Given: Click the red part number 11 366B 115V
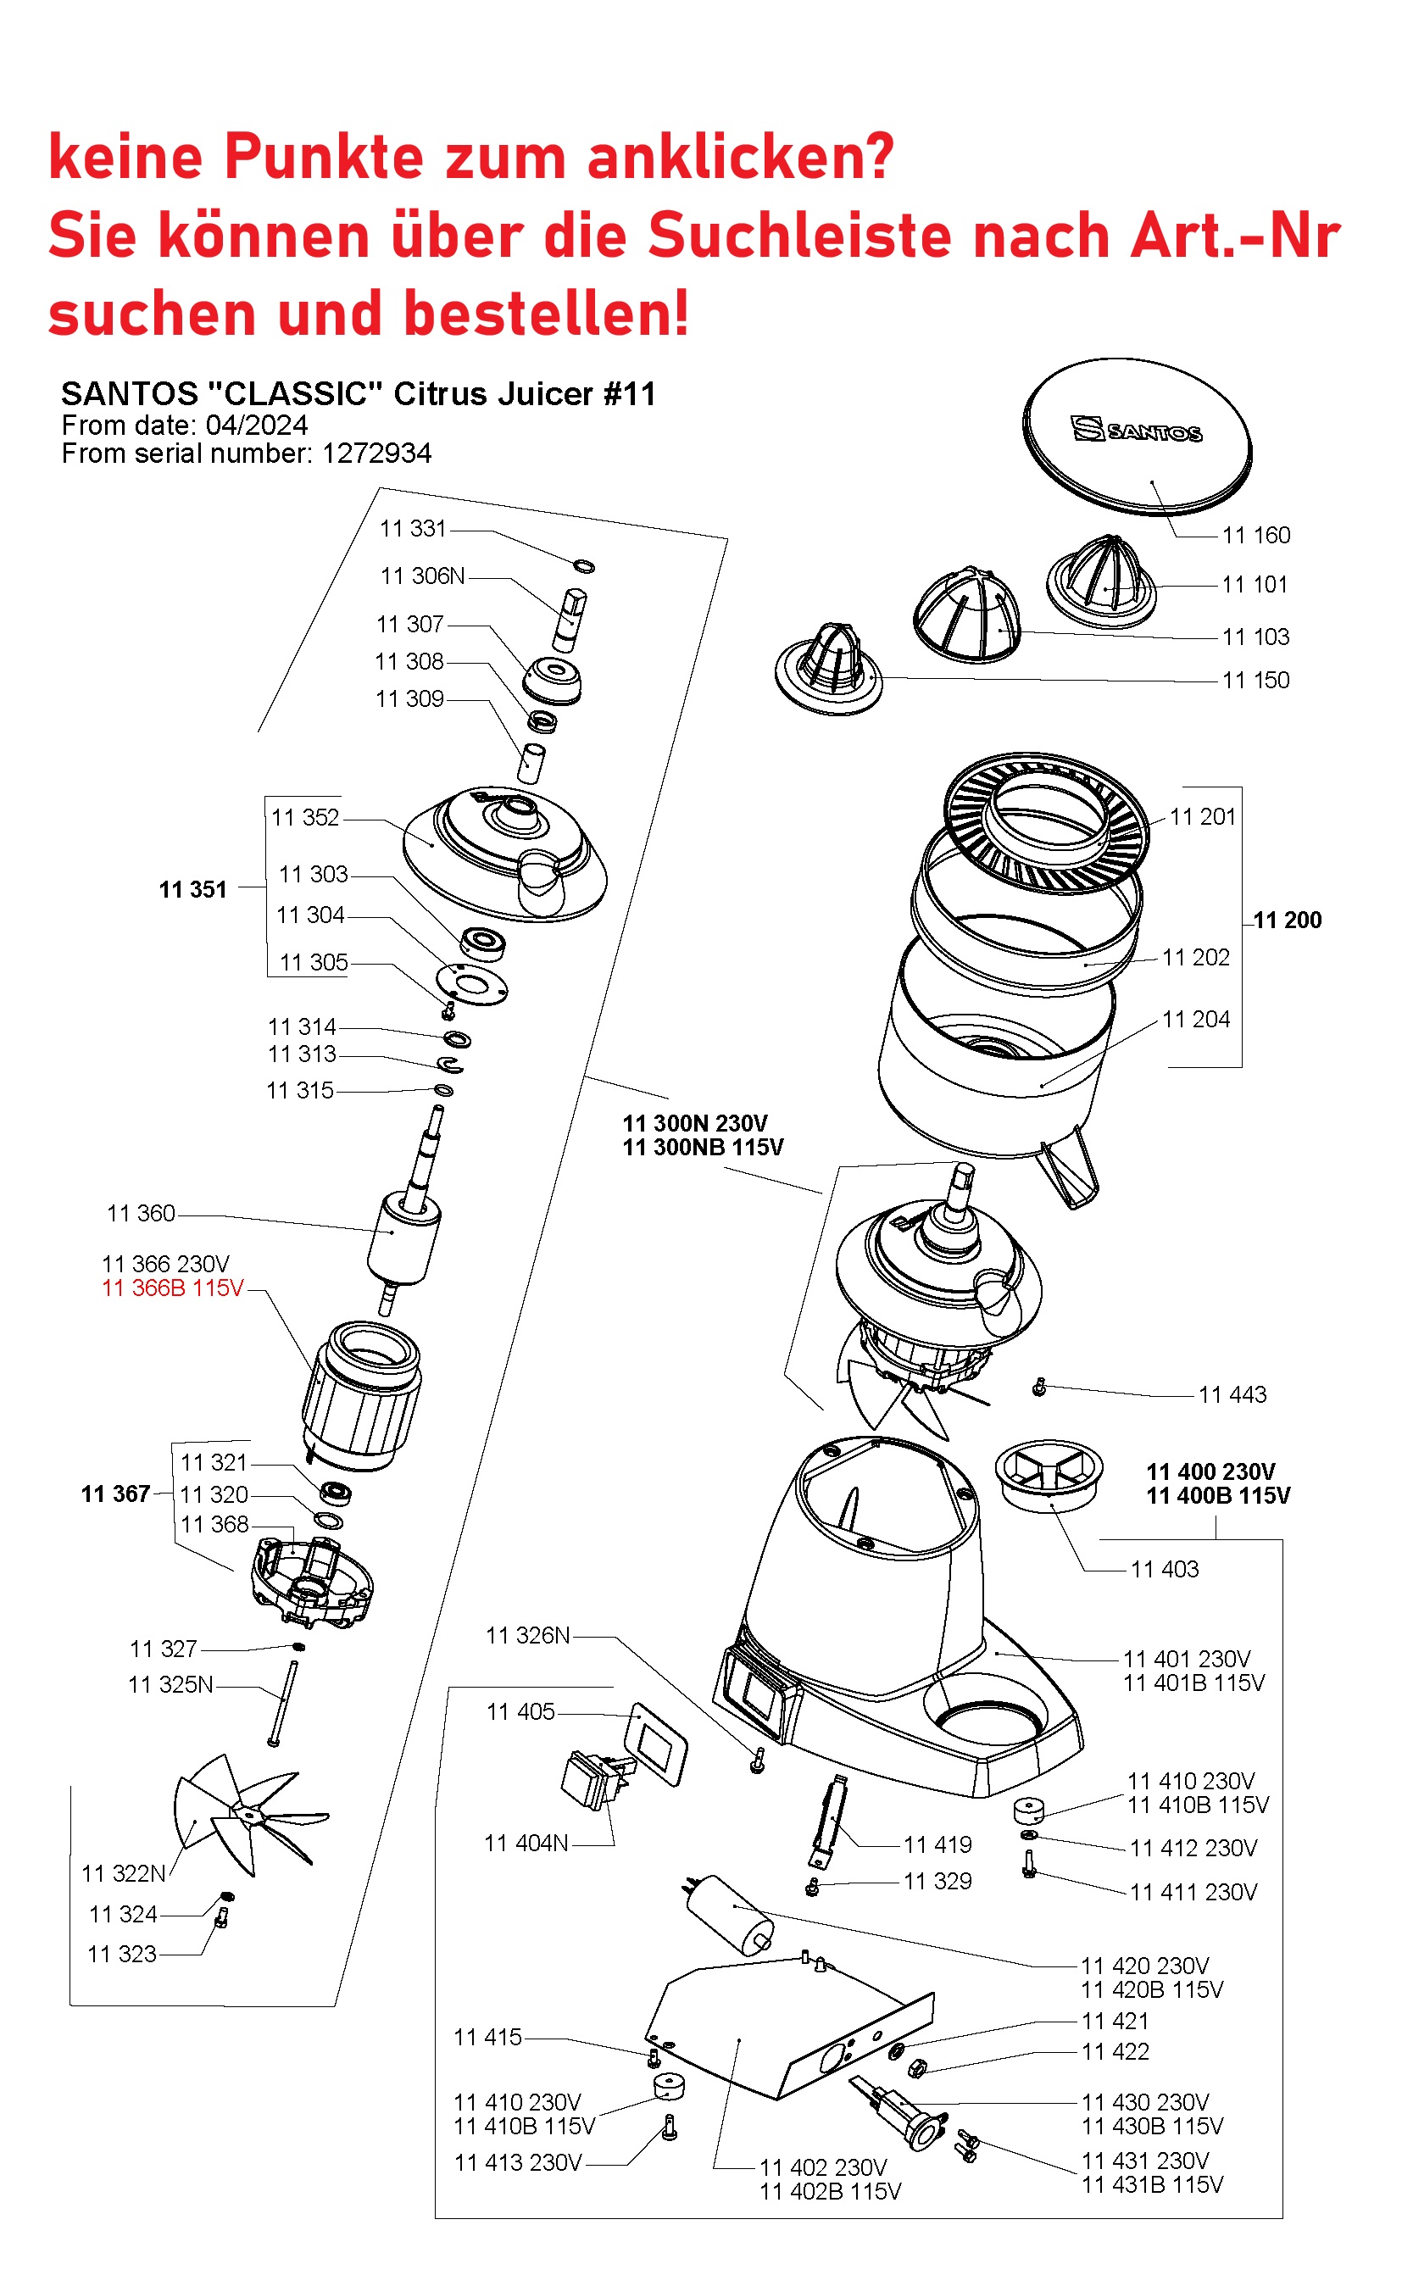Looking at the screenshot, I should [x=172, y=1288].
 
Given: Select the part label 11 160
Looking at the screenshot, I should [x=1255, y=535].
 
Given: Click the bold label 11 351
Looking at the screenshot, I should [x=193, y=890].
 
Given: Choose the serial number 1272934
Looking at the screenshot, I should [x=376, y=453].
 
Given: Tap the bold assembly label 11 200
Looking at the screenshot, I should [x=1287, y=920].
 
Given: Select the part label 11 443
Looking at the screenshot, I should [x=1232, y=1394].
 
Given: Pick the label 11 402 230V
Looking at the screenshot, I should [x=823, y=2167].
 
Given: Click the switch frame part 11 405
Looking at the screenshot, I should [x=656, y=1743].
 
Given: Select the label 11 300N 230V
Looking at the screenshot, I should [x=694, y=1124].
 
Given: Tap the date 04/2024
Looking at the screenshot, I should [x=257, y=426].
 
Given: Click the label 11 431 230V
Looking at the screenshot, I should [x=1145, y=2161].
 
